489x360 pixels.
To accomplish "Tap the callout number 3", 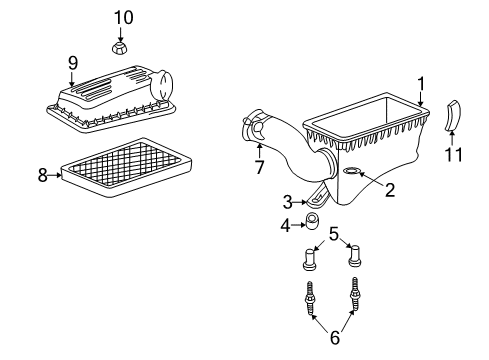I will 287,202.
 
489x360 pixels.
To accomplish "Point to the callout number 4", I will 286,225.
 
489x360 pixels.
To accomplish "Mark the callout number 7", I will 258,167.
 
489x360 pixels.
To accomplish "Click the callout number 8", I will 43,175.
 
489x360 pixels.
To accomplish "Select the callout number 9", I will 72,63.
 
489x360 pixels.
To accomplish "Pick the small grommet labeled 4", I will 311,220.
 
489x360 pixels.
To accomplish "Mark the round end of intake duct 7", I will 251,131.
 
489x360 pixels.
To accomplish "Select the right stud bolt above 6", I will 355,294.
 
